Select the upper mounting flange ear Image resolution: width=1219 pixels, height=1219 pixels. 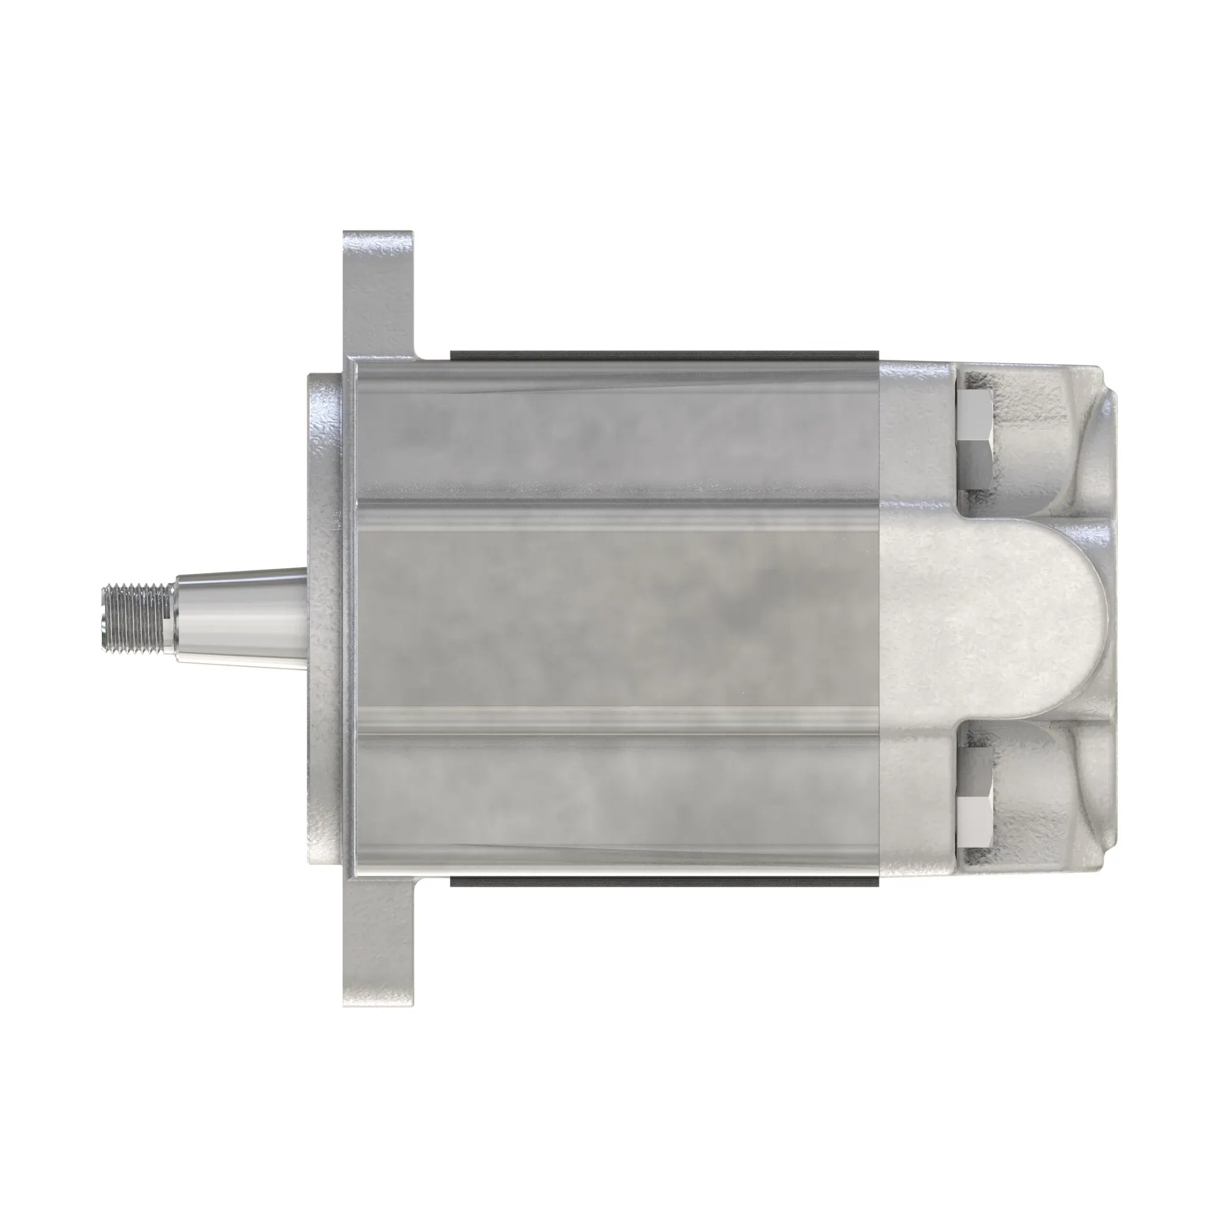pos(378,290)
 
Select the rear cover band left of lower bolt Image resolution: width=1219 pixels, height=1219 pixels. pos(918,801)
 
